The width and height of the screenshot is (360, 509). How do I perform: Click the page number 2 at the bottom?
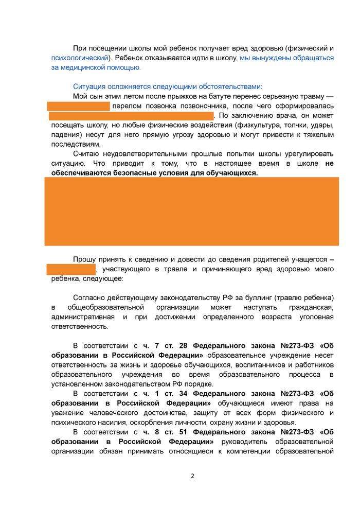[x=192, y=475]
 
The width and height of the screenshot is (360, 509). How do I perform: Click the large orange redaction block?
[x=191, y=211]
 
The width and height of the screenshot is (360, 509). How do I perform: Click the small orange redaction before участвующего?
[x=71, y=269]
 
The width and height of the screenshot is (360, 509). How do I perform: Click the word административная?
[x=81, y=317]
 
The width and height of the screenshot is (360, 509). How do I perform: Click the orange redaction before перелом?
[x=79, y=106]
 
